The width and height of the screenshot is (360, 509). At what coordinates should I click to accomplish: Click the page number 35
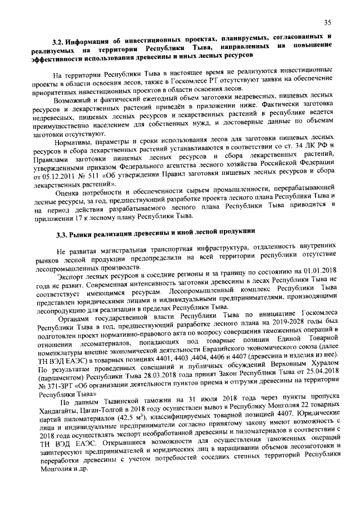click(x=327, y=22)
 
